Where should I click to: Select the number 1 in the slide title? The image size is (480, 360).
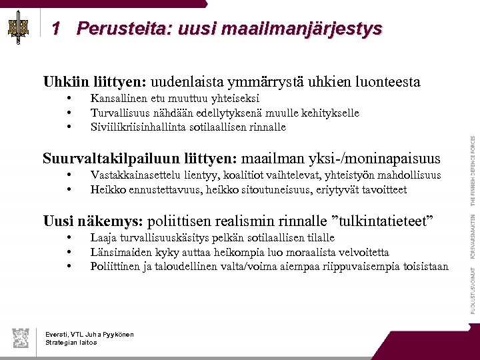click(56, 29)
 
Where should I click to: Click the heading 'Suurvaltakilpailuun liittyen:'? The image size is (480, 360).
click(139, 158)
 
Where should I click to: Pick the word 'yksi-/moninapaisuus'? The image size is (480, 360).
click(374, 158)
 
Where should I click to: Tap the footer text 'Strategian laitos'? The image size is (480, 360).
click(71, 342)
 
